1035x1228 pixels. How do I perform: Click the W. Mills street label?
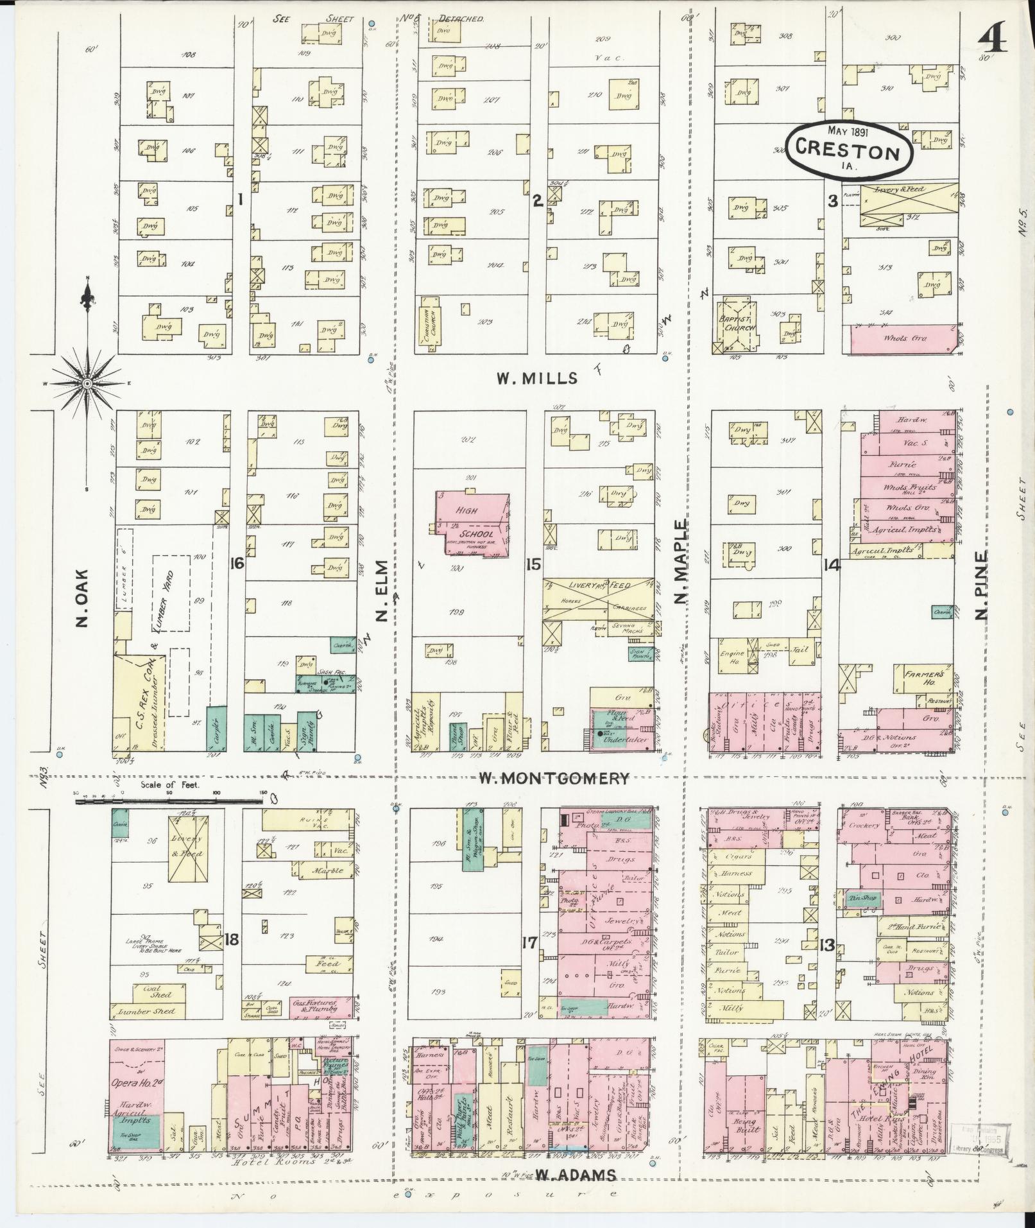(537, 378)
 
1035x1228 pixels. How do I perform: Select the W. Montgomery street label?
(555, 779)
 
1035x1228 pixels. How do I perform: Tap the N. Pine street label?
(982, 585)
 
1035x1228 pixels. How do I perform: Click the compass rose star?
(87, 383)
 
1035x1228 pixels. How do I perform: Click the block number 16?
(236, 564)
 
